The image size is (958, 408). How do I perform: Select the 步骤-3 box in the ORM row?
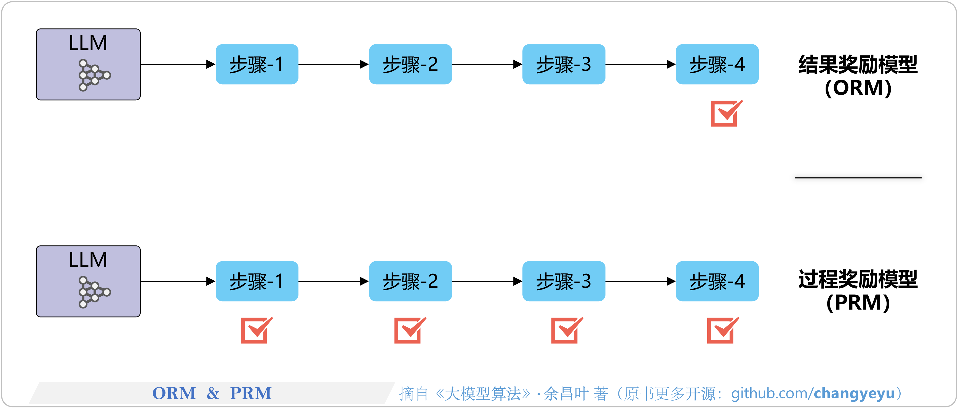coord(564,64)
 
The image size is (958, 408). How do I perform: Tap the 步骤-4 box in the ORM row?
coord(717,64)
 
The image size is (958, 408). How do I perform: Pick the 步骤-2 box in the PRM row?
coord(410,281)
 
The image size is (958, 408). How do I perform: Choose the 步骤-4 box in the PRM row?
coord(717,281)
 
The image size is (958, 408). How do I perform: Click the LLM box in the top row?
coord(88,64)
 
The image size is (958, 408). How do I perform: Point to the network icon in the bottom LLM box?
coord(94,292)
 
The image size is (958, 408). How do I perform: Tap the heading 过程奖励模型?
coord(858,280)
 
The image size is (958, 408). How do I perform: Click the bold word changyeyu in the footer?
coord(854,393)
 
